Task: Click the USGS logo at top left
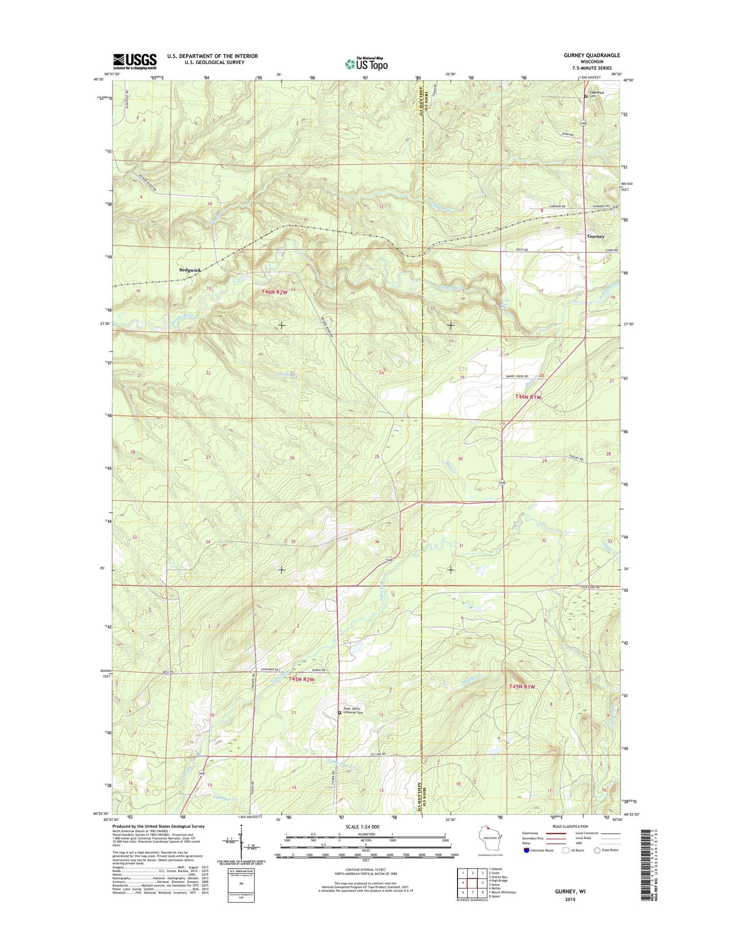[134, 61]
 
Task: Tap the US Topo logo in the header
[366, 63]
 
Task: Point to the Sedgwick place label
[190, 270]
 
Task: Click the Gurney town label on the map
[596, 236]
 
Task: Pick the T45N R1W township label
[522, 687]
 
